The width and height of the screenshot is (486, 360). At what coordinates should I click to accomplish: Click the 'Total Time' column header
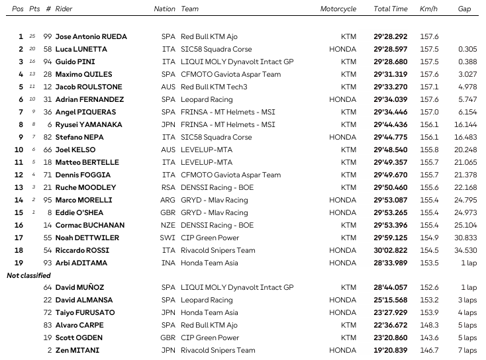click(x=390, y=9)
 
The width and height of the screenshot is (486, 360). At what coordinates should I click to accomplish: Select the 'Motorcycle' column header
click(x=338, y=9)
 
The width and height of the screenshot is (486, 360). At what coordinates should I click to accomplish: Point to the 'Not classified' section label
click(x=28, y=275)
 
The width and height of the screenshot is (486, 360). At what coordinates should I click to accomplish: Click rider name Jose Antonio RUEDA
click(x=91, y=36)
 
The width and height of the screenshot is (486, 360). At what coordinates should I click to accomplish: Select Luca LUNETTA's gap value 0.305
click(x=468, y=49)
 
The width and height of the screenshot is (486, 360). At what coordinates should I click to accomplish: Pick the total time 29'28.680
click(x=391, y=62)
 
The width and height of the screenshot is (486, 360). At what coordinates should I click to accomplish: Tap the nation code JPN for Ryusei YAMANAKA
click(x=168, y=124)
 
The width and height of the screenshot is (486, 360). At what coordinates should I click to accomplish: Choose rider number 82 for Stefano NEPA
click(x=47, y=137)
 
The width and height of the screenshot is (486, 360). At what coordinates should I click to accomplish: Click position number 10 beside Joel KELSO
click(x=19, y=150)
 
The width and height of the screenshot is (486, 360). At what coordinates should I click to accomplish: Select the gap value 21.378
click(x=465, y=175)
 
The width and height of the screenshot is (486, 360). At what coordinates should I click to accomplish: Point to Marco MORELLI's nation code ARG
click(x=168, y=200)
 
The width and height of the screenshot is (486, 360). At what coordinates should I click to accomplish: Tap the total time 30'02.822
click(x=391, y=250)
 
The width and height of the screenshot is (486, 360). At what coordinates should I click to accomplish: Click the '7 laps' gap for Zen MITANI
click(x=467, y=350)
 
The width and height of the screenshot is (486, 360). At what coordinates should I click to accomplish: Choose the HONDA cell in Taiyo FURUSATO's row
click(x=342, y=312)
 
